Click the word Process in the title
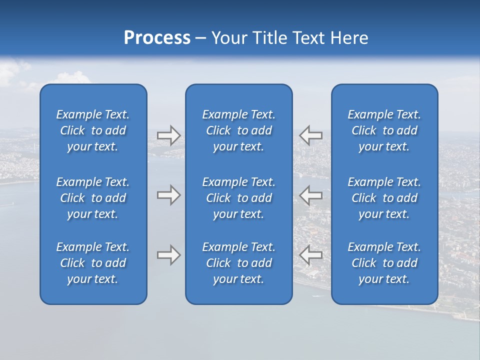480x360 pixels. point(157,38)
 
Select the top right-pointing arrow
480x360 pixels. point(168,135)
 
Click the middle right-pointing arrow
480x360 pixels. point(168,195)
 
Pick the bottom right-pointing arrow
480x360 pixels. point(168,255)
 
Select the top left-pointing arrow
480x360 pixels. point(310,135)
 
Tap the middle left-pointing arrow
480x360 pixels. point(310,195)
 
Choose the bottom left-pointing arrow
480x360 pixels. point(310,255)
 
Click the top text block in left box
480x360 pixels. point(93,130)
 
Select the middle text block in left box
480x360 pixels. point(93,198)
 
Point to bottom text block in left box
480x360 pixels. point(93,263)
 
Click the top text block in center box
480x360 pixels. point(238,130)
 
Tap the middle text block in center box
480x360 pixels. point(238,198)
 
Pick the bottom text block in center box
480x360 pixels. point(238,263)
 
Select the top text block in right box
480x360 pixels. point(384,130)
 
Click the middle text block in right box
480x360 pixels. point(384,198)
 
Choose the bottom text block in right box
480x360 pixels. point(384,263)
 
